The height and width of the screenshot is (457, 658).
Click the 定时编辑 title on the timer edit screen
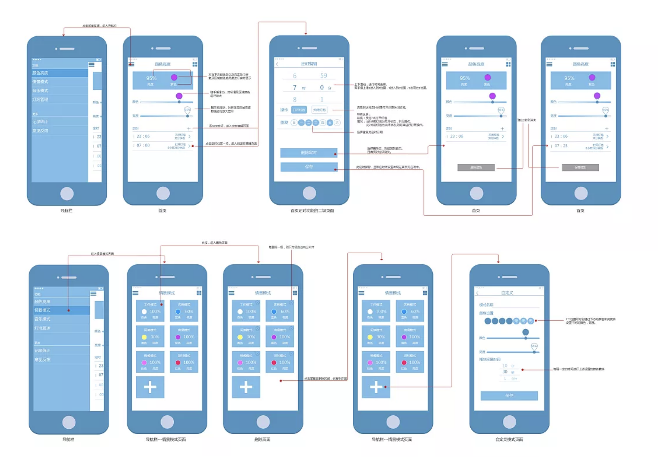309,64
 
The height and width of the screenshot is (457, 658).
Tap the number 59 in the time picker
323,76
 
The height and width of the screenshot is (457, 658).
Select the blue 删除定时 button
309,153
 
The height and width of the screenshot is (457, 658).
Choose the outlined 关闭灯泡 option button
319,110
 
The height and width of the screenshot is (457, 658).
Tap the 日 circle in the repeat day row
294,123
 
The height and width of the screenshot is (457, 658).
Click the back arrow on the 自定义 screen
477,293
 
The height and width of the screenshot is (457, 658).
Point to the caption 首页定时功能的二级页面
312,211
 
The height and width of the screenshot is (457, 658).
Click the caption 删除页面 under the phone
262,439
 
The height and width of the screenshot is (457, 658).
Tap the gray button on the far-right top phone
580,167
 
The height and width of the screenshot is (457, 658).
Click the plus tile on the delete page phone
246,387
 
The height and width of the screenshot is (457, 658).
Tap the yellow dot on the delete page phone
240,337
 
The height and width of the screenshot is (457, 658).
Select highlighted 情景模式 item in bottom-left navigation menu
61,310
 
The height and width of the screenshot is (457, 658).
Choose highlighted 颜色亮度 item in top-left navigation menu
59,73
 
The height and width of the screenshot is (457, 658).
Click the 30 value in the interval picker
505,372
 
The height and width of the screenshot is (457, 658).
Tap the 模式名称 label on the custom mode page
486,305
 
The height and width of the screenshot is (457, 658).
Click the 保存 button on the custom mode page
509,396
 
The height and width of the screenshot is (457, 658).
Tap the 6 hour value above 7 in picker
295,76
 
